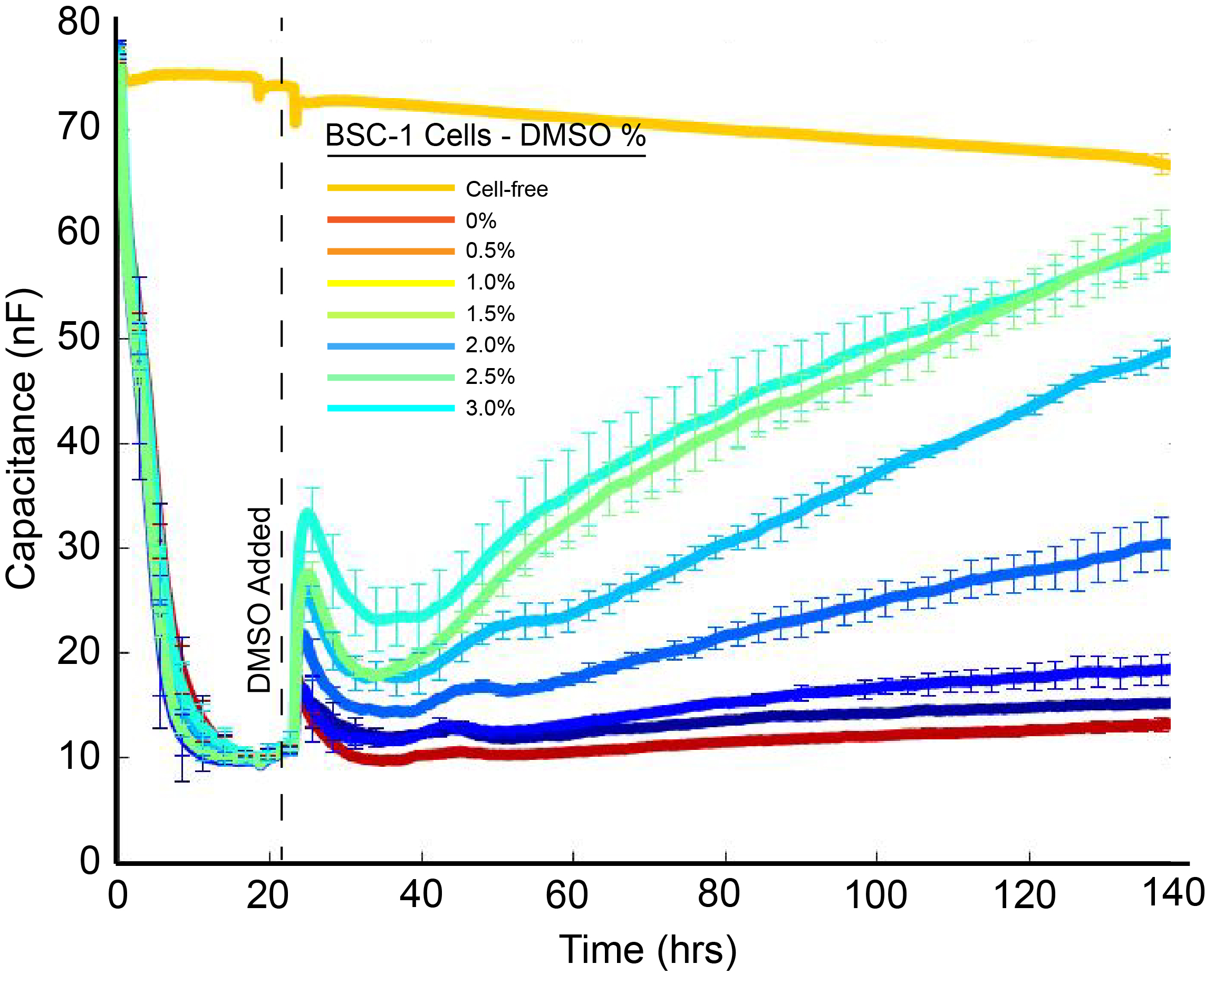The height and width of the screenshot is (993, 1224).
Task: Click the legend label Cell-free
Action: pos(506,189)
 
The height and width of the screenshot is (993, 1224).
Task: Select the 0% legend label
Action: pos(480,221)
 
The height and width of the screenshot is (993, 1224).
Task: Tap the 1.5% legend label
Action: pos(489,314)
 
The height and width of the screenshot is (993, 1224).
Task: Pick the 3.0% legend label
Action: pos(489,408)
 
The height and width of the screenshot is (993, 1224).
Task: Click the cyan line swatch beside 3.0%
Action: pos(391,408)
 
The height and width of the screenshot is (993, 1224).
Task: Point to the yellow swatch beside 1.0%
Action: pos(391,283)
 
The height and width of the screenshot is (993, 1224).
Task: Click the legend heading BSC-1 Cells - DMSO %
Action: pos(485,136)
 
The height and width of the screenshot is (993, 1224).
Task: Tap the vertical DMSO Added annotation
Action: pos(259,600)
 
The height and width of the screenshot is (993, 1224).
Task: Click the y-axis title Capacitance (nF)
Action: pos(22,439)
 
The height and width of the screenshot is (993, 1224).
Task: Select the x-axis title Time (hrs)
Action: pos(648,950)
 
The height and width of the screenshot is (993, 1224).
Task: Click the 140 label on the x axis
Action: pos(1173,892)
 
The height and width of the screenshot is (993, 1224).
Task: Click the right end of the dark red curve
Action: pos(1167,725)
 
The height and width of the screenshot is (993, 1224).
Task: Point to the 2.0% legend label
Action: pos(489,345)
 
